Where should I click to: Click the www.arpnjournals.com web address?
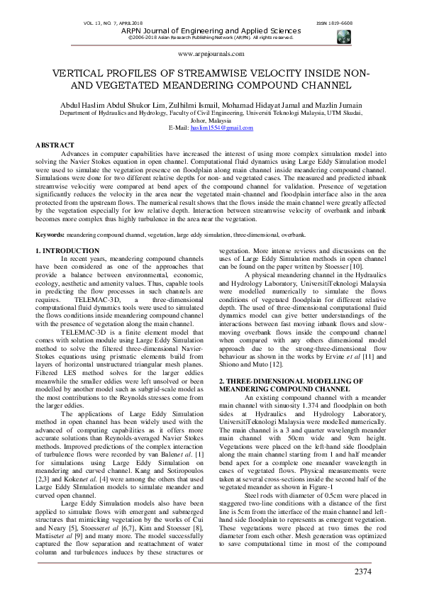pos(211,53)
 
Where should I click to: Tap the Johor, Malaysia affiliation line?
pos(211,120)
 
